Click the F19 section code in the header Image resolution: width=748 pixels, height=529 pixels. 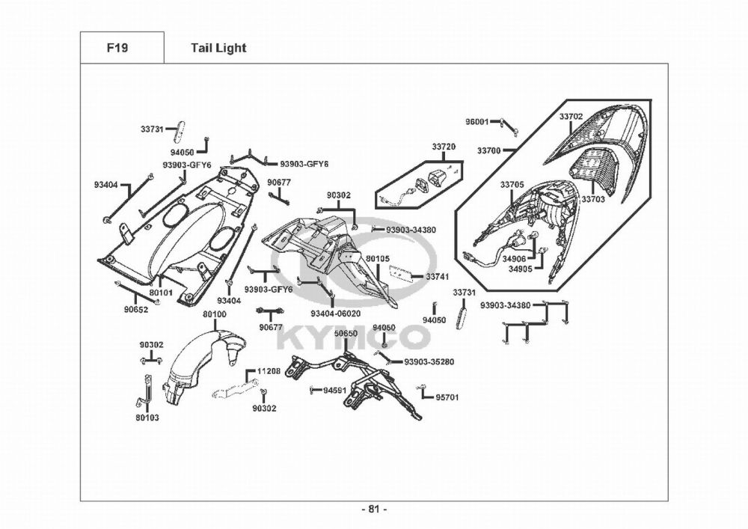pyautogui.click(x=117, y=48)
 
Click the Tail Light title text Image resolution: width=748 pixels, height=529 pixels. pyautogui.click(x=218, y=48)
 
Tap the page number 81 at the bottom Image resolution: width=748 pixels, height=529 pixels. pyautogui.click(x=374, y=509)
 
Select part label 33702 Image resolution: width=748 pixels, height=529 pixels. pyautogui.click(x=571, y=116)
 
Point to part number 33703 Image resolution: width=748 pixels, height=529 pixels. pyautogui.click(x=593, y=199)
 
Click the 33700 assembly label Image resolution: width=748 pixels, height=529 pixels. pyautogui.click(x=489, y=150)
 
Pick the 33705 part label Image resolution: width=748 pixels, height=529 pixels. pyautogui.click(x=512, y=185)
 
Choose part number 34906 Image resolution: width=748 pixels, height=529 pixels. pyautogui.click(x=515, y=259)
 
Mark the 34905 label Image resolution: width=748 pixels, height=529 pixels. pyautogui.click(x=521, y=269)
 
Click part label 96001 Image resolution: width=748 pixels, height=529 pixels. pyautogui.click(x=477, y=122)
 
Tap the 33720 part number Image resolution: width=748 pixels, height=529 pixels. pyautogui.click(x=444, y=147)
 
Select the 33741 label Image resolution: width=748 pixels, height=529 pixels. pyautogui.click(x=438, y=277)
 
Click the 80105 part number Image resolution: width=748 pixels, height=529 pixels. pyautogui.click(x=378, y=259)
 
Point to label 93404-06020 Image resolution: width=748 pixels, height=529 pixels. pyautogui.click(x=335, y=314)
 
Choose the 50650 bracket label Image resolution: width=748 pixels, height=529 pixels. pyautogui.click(x=346, y=334)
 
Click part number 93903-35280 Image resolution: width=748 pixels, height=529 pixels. pyautogui.click(x=429, y=361)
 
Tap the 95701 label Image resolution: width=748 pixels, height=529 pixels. pyautogui.click(x=447, y=397)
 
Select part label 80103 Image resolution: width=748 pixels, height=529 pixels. pyautogui.click(x=147, y=418)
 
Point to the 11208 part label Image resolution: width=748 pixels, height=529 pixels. pyautogui.click(x=269, y=371)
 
